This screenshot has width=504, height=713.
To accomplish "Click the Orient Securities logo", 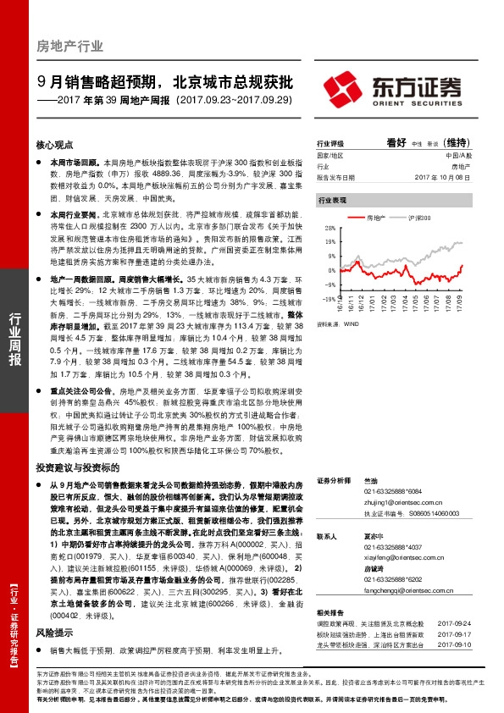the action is [393, 88].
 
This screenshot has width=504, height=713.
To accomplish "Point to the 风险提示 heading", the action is [55, 633].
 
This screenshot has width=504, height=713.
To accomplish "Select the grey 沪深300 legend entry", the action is [421, 218].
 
